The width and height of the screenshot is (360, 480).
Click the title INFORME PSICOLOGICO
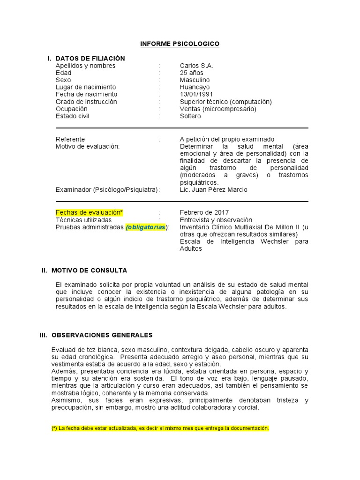pos(180,44)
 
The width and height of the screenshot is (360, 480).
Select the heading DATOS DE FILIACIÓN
pos(90,59)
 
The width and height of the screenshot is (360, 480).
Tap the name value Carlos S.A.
pos(196,66)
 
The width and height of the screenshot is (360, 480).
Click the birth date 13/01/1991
pos(196,94)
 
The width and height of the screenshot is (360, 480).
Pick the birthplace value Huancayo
pos(195,87)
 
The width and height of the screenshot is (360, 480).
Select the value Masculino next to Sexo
pos(195,80)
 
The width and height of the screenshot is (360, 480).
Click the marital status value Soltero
pos(190,116)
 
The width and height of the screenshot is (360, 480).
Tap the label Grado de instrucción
pos(86,102)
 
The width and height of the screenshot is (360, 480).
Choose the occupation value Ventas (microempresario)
pos(218,109)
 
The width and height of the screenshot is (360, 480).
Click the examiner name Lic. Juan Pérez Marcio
pos(213,190)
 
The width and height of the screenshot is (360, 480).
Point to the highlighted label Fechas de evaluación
pos(89,213)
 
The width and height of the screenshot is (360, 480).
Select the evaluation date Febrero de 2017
pos(204,213)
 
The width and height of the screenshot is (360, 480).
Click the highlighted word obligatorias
pos(146,227)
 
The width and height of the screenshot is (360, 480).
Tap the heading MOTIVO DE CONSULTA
pos(89,270)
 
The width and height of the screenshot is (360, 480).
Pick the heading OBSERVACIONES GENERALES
pos(102,335)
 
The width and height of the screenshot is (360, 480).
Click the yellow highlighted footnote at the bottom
pos(160,428)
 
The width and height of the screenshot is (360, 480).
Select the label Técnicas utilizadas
pos(84,220)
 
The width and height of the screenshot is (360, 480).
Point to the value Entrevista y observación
pos(216,220)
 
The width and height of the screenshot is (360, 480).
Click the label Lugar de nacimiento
pos(86,87)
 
